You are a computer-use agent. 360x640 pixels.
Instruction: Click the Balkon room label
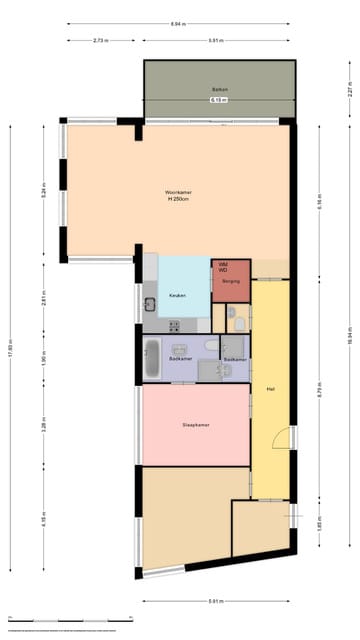(x=220, y=90)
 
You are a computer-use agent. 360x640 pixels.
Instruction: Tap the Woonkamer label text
(x=179, y=195)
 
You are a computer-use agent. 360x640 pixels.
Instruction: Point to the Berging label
(x=230, y=283)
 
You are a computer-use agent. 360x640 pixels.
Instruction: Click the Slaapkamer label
(x=195, y=425)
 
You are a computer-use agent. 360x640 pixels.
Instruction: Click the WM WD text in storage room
(x=222, y=267)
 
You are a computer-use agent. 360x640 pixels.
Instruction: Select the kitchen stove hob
(x=174, y=325)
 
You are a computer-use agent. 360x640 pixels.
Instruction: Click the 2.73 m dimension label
(x=100, y=40)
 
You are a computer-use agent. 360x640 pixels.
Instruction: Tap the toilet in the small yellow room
(x=232, y=320)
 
